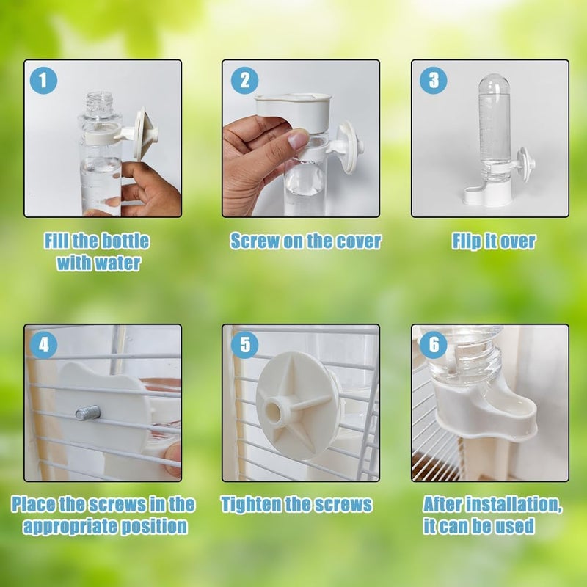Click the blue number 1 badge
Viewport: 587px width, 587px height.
(43, 81)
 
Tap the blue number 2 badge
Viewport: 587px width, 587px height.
(244, 80)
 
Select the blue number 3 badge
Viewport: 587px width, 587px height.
(434, 80)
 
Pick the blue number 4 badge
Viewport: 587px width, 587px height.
(43, 344)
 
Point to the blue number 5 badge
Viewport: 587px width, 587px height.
(244, 344)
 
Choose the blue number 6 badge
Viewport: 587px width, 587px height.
(434, 344)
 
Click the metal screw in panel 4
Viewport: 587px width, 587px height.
(88, 413)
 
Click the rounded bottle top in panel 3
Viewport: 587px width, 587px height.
(494, 84)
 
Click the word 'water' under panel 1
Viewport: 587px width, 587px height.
(117, 263)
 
